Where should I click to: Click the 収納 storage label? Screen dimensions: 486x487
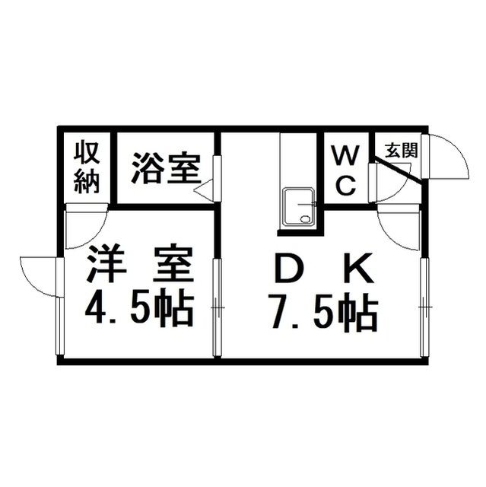[x=87, y=167]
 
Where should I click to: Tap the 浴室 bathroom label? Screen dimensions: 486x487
[x=165, y=167]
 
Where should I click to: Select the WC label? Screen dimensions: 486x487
[x=346, y=170]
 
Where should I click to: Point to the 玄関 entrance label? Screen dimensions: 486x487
[x=401, y=151]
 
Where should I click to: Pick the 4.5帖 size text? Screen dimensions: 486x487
[x=139, y=309]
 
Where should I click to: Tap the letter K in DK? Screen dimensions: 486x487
[x=360, y=269]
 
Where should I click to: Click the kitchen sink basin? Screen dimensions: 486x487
[x=298, y=208]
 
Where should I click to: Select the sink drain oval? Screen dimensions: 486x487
[x=306, y=219]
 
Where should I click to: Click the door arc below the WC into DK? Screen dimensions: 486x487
[x=399, y=230]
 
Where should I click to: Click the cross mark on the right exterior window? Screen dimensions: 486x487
[x=424, y=307]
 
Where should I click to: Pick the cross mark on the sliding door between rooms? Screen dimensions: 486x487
[x=218, y=307]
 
